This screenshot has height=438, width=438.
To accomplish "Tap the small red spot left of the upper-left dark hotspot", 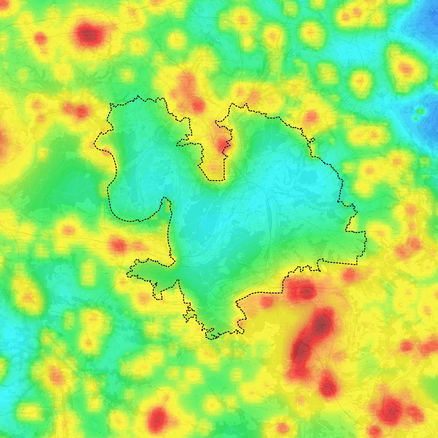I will point(40,38).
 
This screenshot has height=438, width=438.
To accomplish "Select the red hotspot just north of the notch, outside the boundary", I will point(198,106).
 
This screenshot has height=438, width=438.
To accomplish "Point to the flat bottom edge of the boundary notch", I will point(216,180).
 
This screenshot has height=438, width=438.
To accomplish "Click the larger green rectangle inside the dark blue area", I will point(420,112).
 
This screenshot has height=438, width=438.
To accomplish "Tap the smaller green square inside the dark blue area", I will point(416,118).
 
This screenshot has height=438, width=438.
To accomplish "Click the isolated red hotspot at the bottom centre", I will point(157,419).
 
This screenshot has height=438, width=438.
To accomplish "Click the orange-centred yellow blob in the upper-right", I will point(405,69).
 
